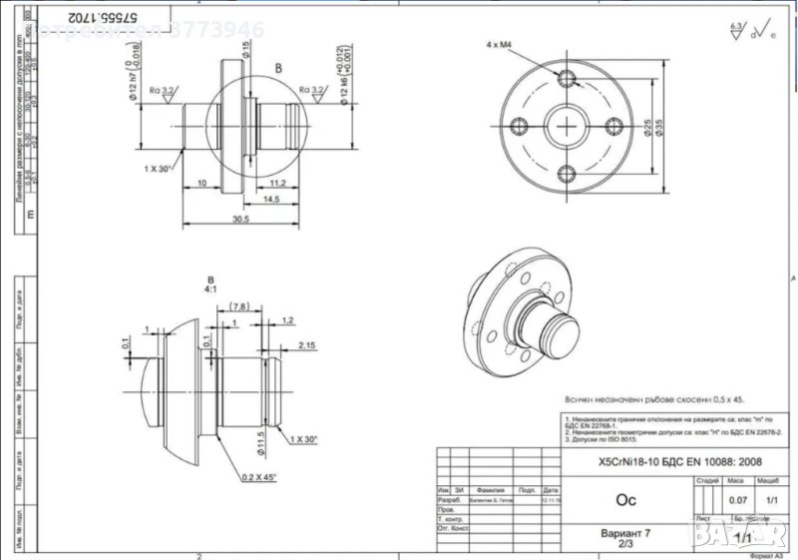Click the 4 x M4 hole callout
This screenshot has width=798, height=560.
click(x=497, y=46)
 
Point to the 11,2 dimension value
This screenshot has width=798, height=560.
click(x=278, y=183)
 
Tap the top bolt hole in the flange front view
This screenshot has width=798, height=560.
click(x=568, y=79)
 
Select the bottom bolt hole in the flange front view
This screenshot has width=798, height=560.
click(x=568, y=174)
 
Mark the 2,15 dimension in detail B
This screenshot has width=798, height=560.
click(x=307, y=344)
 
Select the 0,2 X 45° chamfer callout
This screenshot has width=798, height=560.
click(x=258, y=477)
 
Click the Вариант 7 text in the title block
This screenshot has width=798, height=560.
click(x=624, y=533)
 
